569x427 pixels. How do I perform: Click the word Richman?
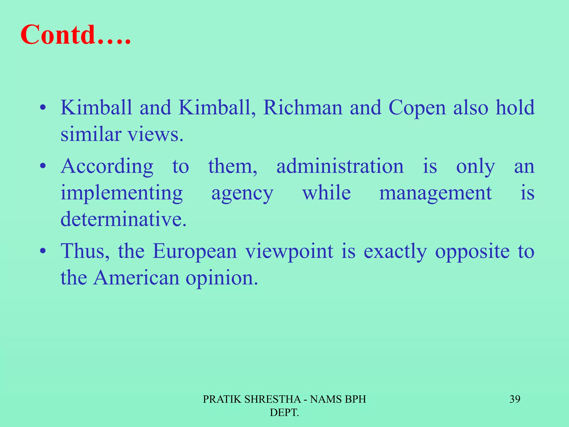click(303, 108)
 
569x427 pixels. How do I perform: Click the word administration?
click(340, 166)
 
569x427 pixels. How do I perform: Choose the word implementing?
click(122, 193)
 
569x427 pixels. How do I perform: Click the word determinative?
click(123, 219)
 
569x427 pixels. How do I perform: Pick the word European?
click(194, 251)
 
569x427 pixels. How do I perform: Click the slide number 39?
click(515, 399)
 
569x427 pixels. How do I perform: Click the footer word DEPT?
click(284, 413)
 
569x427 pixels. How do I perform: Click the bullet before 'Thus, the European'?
click(43, 251)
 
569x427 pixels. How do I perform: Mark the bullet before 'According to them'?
click(43, 166)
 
